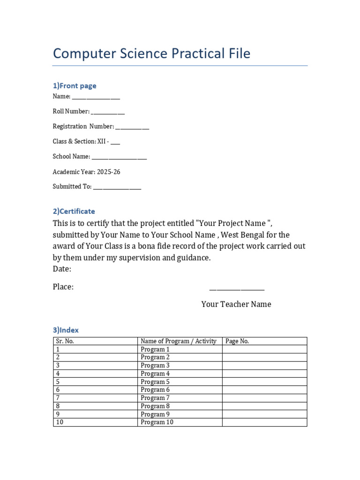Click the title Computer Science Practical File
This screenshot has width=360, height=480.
tap(151, 53)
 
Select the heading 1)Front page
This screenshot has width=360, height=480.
tap(75, 86)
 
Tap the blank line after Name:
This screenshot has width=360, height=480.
tap(96, 97)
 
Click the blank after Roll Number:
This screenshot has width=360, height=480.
tap(108, 112)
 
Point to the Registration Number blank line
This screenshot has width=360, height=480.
tap(132, 127)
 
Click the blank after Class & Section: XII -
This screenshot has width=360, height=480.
tap(115, 142)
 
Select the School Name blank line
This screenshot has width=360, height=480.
tap(119, 157)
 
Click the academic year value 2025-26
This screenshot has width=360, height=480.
tap(108, 172)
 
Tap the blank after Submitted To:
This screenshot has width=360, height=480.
tap(117, 187)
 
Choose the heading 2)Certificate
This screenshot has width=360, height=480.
tap(74, 211)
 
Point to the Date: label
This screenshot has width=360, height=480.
tap(62, 269)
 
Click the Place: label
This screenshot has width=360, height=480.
tap(63, 287)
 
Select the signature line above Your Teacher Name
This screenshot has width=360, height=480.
tap(236, 290)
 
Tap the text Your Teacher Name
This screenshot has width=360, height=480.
tap(236, 304)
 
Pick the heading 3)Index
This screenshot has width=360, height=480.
tap(66, 330)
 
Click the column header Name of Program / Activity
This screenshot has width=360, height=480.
tap(179, 341)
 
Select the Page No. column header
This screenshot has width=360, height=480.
tap(237, 341)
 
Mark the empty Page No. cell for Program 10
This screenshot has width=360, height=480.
tap(264, 422)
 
